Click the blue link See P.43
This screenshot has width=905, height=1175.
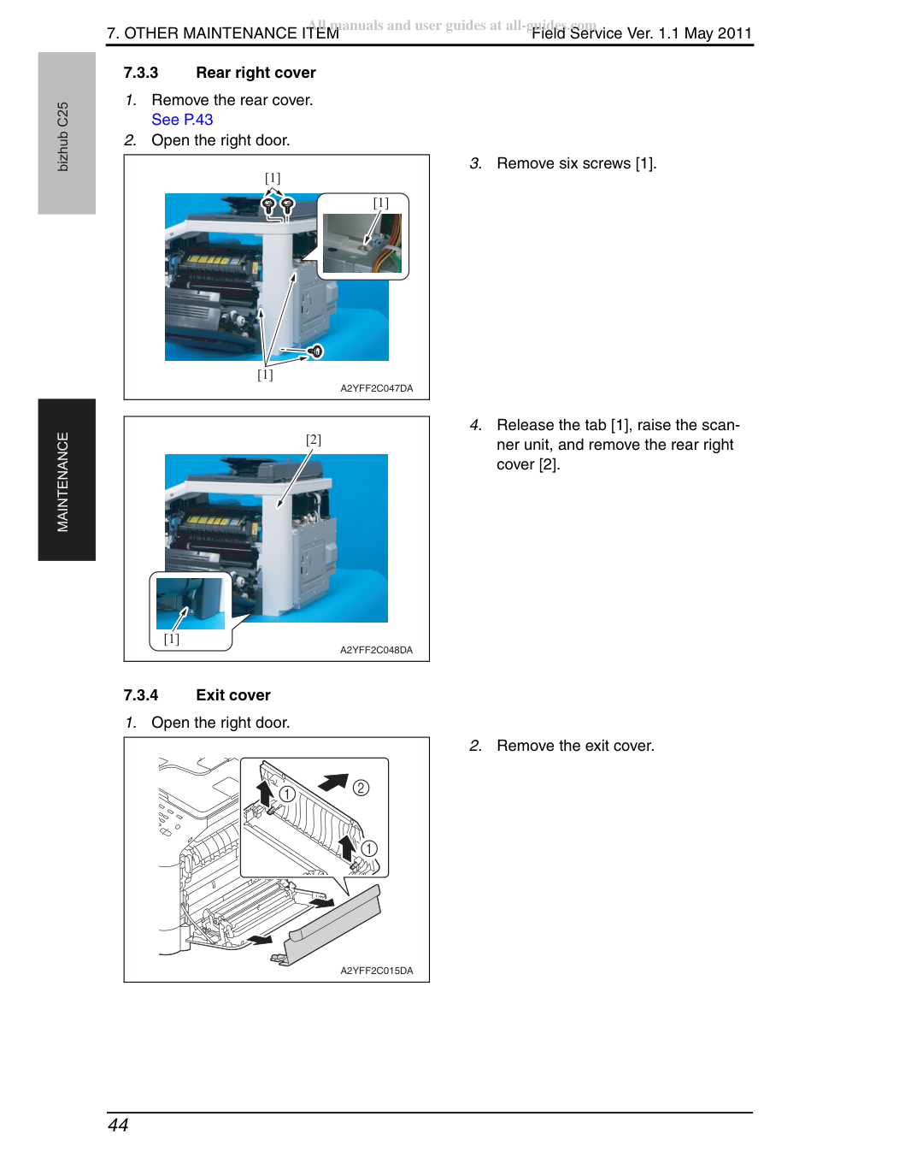pyautogui.click(x=182, y=120)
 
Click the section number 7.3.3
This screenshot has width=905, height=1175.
pyautogui.click(x=141, y=73)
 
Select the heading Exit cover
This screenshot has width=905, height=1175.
pyautogui.click(x=232, y=695)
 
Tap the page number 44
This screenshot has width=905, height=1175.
pyautogui.click(x=118, y=1125)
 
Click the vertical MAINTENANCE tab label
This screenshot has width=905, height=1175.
pyautogui.click(x=63, y=481)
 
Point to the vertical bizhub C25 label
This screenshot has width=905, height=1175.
pyautogui.click(x=63, y=137)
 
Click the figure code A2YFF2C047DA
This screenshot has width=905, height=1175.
pyautogui.click(x=377, y=388)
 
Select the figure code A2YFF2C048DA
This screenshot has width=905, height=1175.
pyautogui.click(x=376, y=650)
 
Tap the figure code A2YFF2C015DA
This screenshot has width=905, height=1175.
pyautogui.click(x=377, y=971)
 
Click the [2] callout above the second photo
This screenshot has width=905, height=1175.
pyautogui.click(x=314, y=440)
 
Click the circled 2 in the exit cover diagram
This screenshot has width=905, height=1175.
pyautogui.click(x=361, y=788)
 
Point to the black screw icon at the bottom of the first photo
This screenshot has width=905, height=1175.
pyautogui.click(x=315, y=352)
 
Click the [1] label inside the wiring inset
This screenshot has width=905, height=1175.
pyautogui.click(x=381, y=203)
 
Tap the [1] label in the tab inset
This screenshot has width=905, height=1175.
pyautogui.click(x=171, y=639)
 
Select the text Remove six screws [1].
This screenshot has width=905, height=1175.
pyautogui.click(x=577, y=163)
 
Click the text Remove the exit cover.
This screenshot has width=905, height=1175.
pyautogui.click(x=575, y=746)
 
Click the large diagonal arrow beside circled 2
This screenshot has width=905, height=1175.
pyautogui.click(x=333, y=782)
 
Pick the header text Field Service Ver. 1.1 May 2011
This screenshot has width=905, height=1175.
pyautogui.click(x=642, y=33)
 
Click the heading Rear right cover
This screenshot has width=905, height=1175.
pyautogui.click(x=256, y=73)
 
